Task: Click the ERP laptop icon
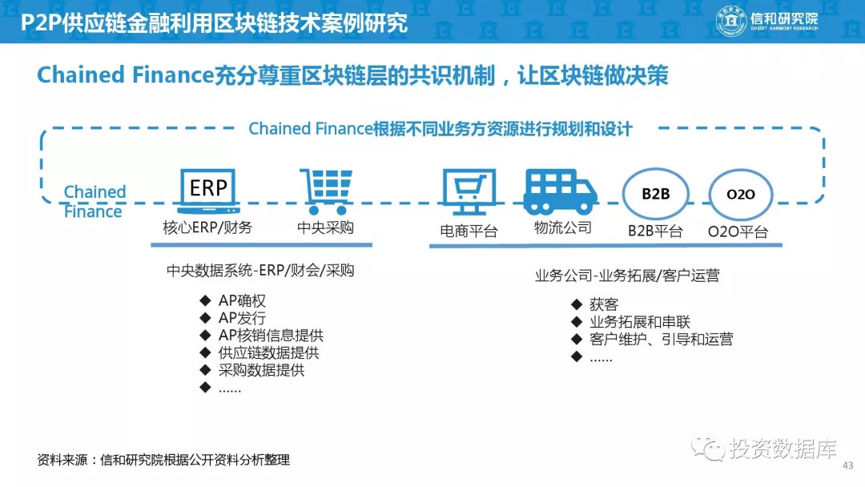pos(208,191)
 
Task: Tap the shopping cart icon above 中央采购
pos(326,191)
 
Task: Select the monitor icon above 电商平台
pos(469,191)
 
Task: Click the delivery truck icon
pos(560,191)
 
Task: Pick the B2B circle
pos(656,194)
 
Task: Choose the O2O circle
pos(740,194)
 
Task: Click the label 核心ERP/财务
pos(207,227)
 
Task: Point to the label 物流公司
pos(563,227)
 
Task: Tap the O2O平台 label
pos(738,231)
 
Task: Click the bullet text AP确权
pos(242,300)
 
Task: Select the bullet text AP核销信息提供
pos(271,336)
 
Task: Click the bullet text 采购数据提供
pos(261,370)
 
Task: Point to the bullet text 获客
pos(604,304)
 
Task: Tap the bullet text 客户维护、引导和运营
pos(662,339)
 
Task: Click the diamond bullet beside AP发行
pos(205,318)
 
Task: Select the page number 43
pos(848,465)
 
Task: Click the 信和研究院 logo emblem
pos(731,21)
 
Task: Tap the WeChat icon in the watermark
pos(708,448)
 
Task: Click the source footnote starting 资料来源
pos(163,460)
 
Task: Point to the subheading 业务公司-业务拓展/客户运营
pos(627,276)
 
